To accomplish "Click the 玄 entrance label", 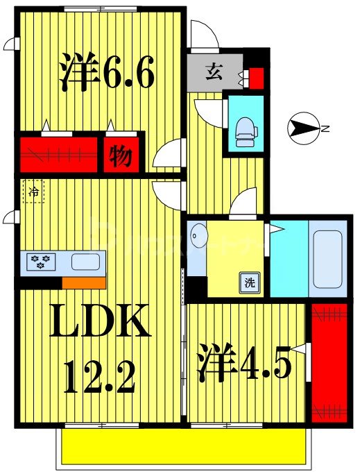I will (213, 71).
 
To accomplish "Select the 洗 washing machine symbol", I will (248, 282).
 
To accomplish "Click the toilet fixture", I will (245, 129).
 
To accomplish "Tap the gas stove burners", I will (37, 262).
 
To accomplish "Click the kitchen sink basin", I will (85, 262).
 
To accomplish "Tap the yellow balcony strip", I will (183, 445).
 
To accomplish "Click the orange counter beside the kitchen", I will (83, 282).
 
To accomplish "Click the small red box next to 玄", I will (256, 78).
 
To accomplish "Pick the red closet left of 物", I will (58, 155).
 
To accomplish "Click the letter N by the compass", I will (324, 128).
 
